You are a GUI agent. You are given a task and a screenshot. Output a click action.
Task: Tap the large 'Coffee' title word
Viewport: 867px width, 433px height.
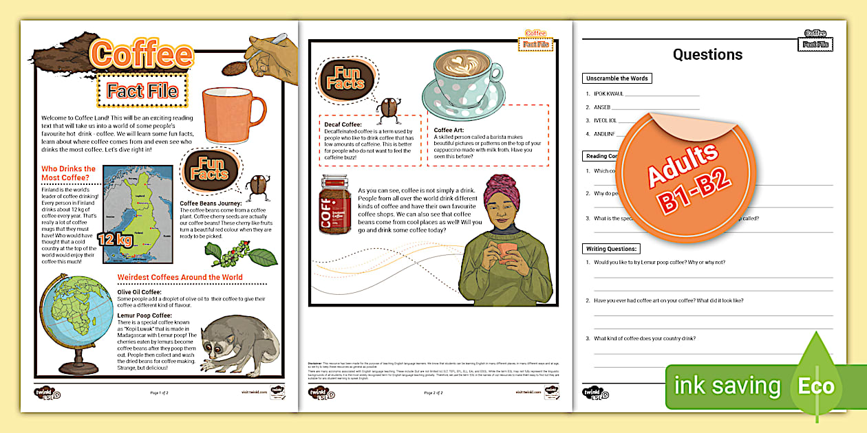143,54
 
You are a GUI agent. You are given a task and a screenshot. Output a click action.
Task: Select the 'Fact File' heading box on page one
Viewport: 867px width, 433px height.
142,91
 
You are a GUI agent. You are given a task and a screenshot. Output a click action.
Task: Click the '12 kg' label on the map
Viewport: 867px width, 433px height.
114,239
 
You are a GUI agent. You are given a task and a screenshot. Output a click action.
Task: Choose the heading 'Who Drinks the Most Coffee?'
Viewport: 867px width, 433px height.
69,173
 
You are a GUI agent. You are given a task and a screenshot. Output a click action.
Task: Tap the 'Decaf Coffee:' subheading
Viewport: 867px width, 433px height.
343,124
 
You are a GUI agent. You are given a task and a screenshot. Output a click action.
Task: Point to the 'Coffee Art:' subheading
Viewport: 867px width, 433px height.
452,129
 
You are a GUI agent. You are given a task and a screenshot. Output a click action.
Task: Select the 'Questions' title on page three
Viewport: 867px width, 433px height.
707,55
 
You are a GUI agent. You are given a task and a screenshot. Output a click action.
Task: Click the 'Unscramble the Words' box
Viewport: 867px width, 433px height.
617,78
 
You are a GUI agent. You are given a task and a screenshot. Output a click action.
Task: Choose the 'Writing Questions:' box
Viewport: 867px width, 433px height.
612,248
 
